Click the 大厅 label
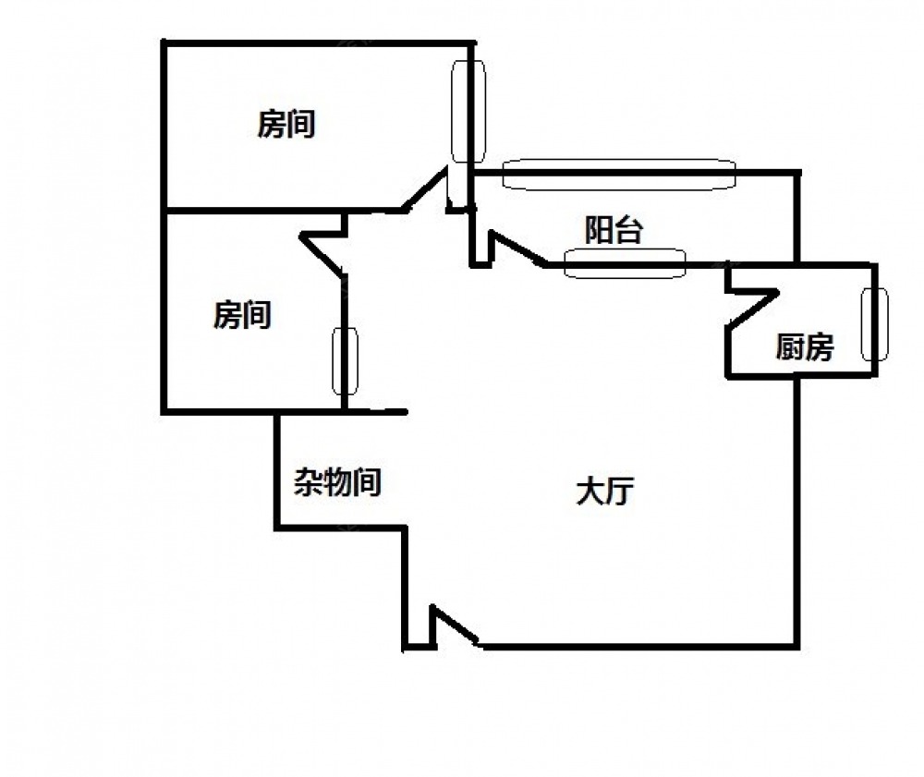[x=602, y=492]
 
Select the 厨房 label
[x=804, y=348]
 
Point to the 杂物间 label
[x=338, y=481]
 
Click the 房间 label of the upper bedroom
[x=286, y=124]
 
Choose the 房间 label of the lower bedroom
[x=242, y=315]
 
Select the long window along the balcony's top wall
[x=618, y=173]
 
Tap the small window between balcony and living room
[x=625, y=264]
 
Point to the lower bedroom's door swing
[x=325, y=249]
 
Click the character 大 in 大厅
[x=589, y=492]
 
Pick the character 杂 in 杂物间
[x=309, y=481]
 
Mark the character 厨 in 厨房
[x=789, y=348]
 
